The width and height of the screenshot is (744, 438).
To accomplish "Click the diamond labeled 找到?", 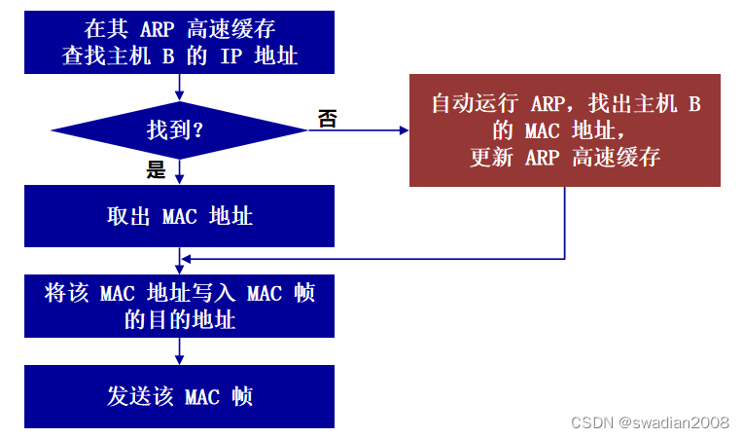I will [x=179, y=129].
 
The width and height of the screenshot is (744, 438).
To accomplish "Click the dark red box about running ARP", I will [x=565, y=129].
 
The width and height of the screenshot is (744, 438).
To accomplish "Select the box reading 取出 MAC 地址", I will [x=179, y=215].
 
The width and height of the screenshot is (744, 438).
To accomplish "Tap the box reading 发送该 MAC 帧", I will [x=179, y=396].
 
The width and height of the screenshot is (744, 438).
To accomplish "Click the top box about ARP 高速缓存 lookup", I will [x=179, y=42].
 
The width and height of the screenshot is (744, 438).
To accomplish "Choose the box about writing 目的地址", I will [x=179, y=306].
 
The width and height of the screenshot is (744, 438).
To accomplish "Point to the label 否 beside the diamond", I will [x=327, y=118].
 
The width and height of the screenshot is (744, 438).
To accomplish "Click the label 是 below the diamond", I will [x=157, y=171].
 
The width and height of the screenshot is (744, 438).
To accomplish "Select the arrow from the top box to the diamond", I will [x=179, y=88].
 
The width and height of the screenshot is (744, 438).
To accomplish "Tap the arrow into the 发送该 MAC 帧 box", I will [x=179, y=351].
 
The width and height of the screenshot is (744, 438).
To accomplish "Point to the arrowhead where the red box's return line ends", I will [x=186, y=259].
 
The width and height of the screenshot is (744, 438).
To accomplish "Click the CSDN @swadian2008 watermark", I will [x=650, y=421].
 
